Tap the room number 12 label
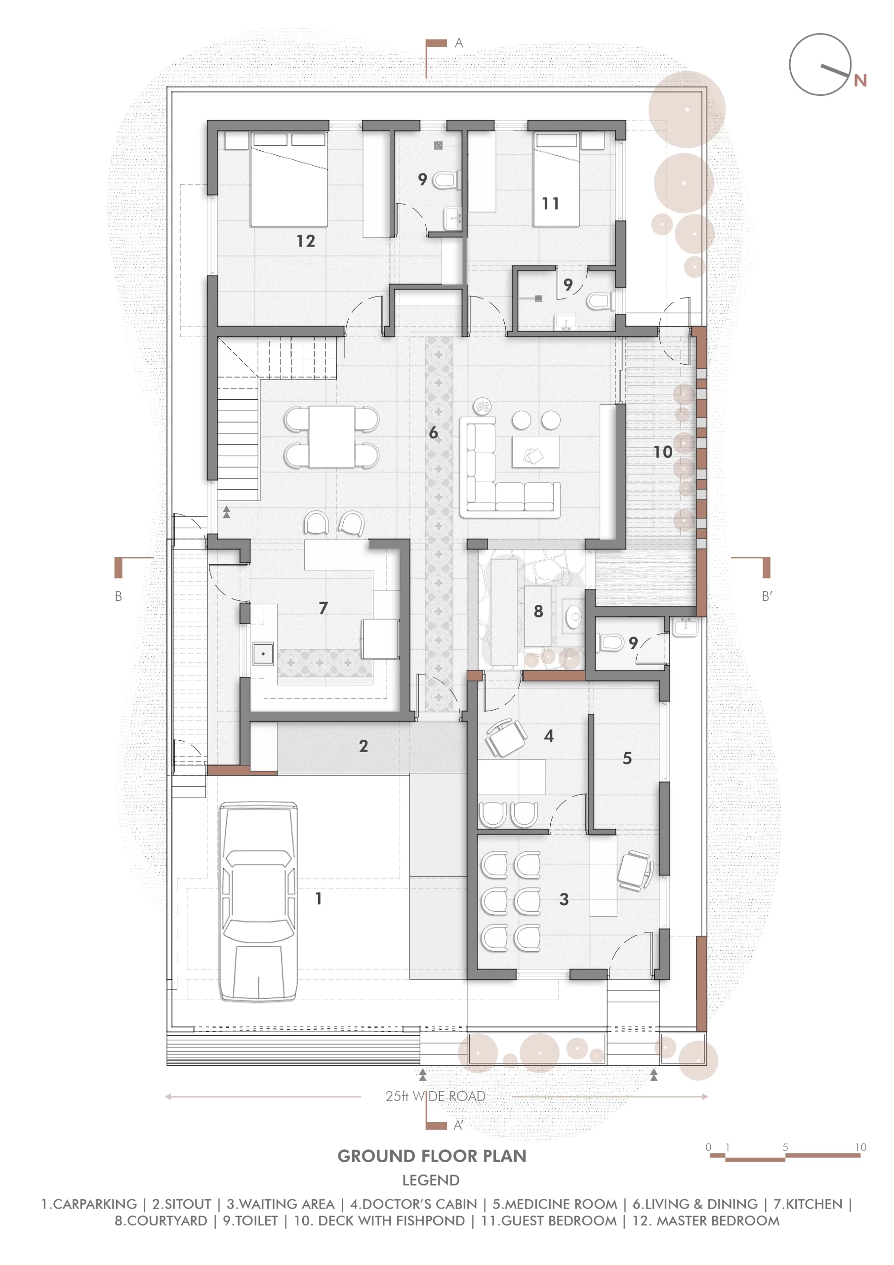pyautogui.click(x=306, y=241)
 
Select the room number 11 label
pyautogui.click(x=550, y=203)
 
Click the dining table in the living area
pyautogui.click(x=331, y=436)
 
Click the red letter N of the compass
pyautogui.click(x=860, y=81)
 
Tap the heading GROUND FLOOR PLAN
pyautogui.click(x=432, y=1156)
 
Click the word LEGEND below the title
pyautogui.click(x=431, y=1180)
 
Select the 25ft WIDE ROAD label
pyautogui.click(x=435, y=1096)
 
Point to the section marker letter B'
pyautogui.click(x=767, y=596)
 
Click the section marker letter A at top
pyautogui.click(x=459, y=43)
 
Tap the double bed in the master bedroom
pyautogui.click(x=289, y=179)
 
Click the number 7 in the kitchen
pyautogui.click(x=324, y=608)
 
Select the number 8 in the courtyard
pyautogui.click(x=538, y=611)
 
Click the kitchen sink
pyautogui.click(x=263, y=653)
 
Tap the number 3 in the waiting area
pyautogui.click(x=564, y=899)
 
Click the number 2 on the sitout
pyautogui.click(x=363, y=746)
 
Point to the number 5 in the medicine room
pyautogui.click(x=627, y=758)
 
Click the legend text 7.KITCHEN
pyautogui.click(x=808, y=1204)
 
